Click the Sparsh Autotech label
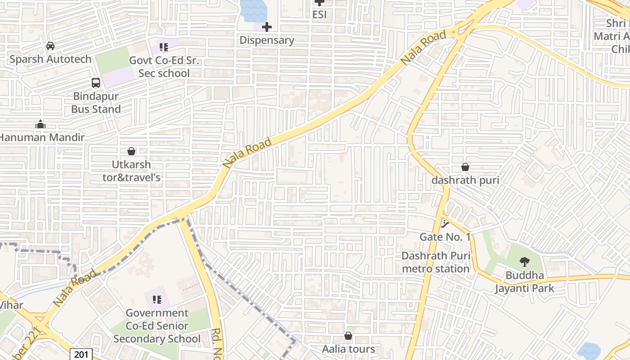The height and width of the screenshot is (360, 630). pyautogui.click(x=50, y=59)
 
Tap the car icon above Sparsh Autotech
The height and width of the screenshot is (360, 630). pyautogui.click(x=50, y=46)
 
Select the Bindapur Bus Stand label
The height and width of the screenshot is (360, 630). pyautogui.click(x=96, y=103)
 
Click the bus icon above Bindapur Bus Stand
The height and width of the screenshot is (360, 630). pyautogui.click(x=96, y=83)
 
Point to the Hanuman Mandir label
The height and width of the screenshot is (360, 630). pyautogui.click(x=41, y=137)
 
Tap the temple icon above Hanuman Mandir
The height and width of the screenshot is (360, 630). pyautogui.click(x=40, y=124)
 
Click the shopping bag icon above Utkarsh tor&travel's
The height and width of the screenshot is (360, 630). pyautogui.click(x=131, y=151)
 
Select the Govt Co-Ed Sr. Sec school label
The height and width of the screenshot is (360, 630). pyautogui.click(x=164, y=67)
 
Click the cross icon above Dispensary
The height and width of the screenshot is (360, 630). pyautogui.click(x=267, y=27)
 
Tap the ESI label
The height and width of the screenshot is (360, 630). pyautogui.click(x=319, y=14)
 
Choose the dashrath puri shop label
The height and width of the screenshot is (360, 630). pyautogui.click(x=465, y=180)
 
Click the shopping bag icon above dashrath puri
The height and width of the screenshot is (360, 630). pyautogui.click(x=465, y=167)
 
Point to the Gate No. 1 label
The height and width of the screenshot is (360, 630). pyautogui.click(x=445, y=237)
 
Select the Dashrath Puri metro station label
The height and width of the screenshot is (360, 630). pyautogui.click(x=436, y=262)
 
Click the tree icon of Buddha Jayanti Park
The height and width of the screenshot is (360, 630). pyautogui.click(x=525, y=262)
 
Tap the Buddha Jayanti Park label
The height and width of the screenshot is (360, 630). pyautogui.click(x=525, y=282)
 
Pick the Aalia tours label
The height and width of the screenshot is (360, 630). pyautogui.click(x=348, y=349)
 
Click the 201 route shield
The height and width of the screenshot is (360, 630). pyautogui.click(x=81, y=355)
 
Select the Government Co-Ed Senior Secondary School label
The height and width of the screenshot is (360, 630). pyautogui.click(x=157, y=326)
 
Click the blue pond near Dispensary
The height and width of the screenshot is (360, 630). pyautogui.click(x=253, y=10)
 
